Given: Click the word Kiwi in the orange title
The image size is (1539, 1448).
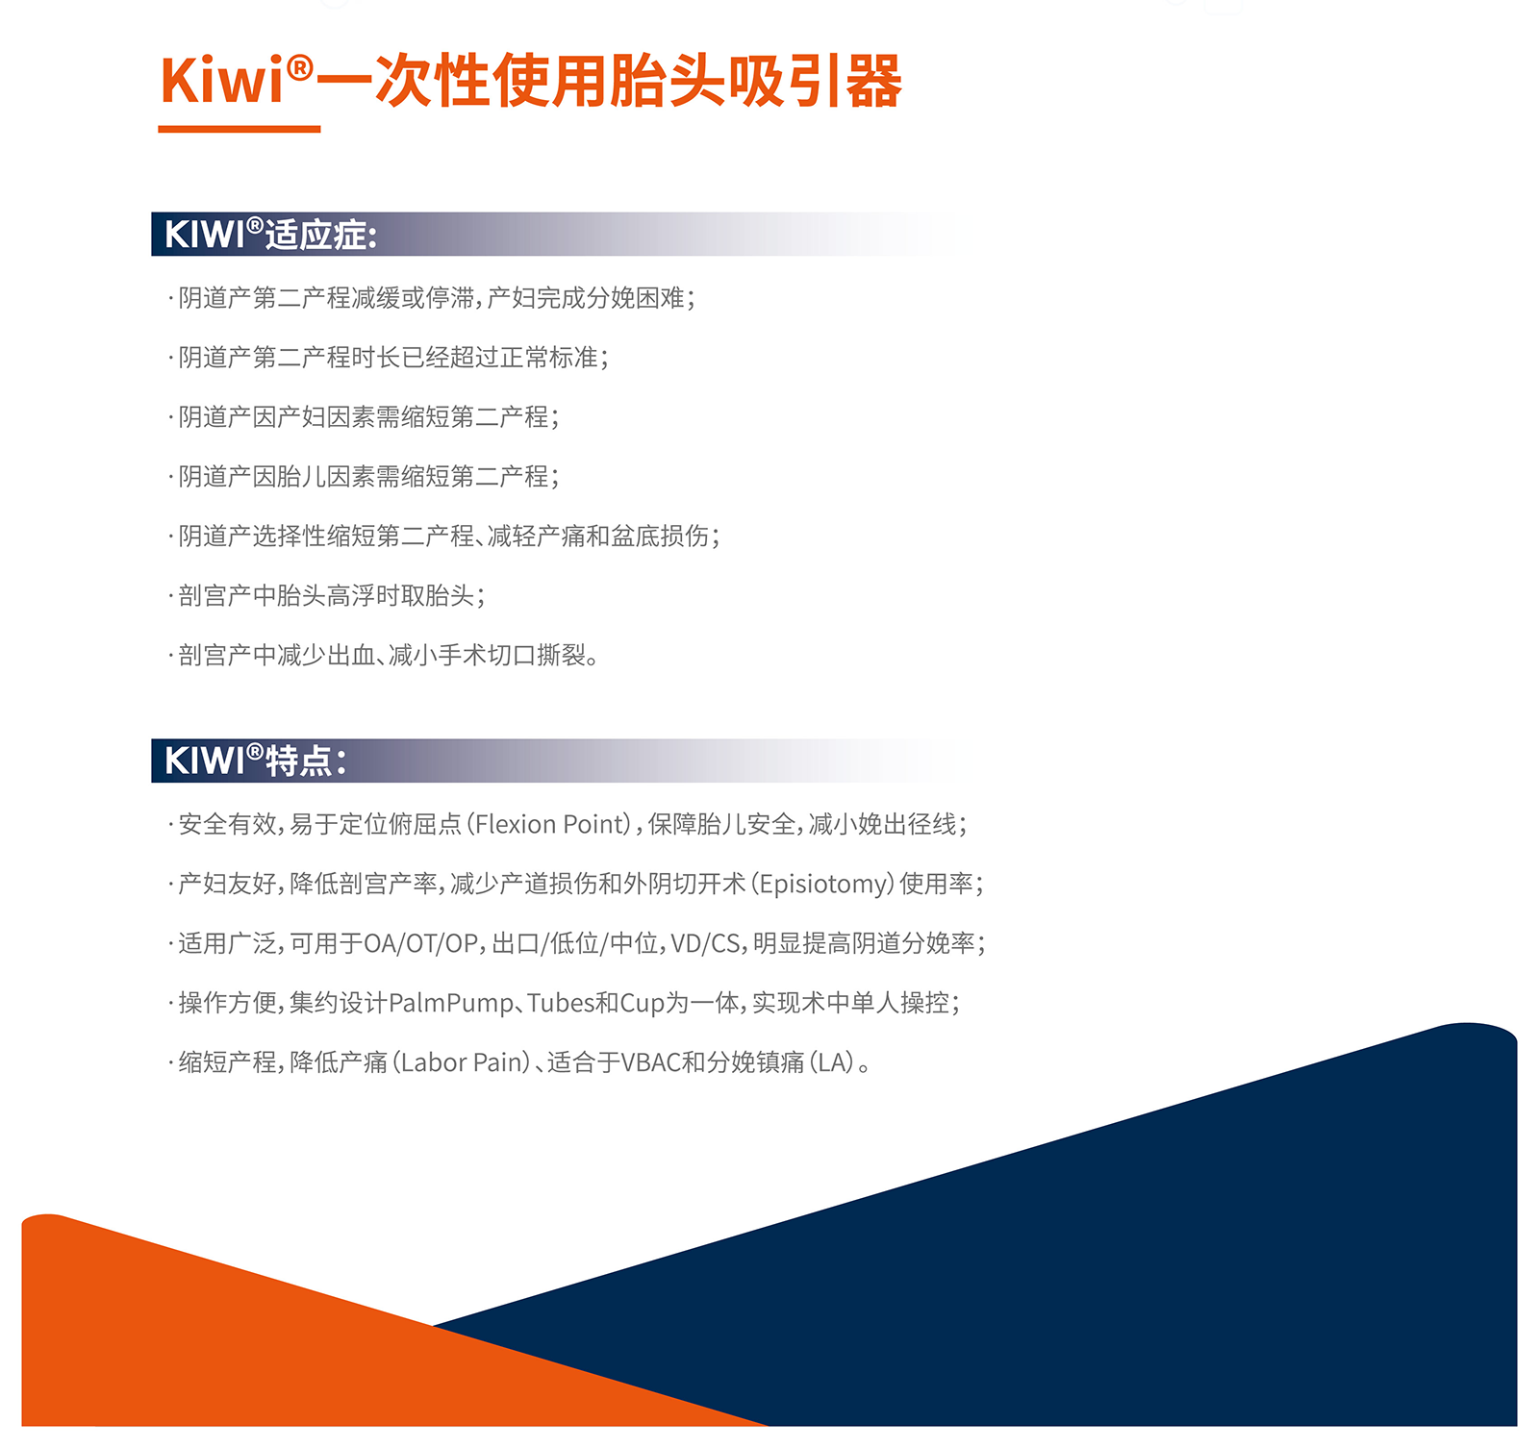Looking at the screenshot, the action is [223, 80].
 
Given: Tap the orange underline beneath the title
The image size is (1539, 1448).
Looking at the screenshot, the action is [240, 129].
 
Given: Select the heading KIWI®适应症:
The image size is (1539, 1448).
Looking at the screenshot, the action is [270, 235].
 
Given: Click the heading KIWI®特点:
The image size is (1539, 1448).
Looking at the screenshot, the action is [255, 761].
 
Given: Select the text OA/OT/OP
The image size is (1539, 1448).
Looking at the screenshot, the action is [420, 943].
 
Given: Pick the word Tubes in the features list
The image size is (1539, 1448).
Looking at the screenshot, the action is [561, 1003].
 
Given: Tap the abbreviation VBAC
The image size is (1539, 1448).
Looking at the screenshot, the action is [650, 1062].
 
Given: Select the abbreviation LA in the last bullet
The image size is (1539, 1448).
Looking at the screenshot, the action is [832, 1062].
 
